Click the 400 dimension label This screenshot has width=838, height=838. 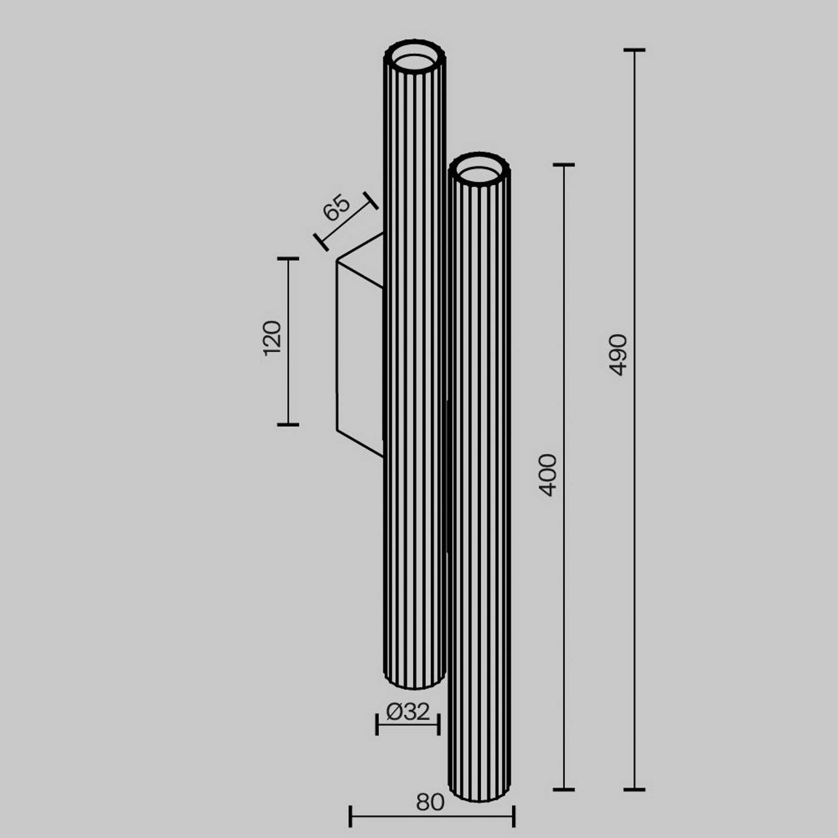[548, 475]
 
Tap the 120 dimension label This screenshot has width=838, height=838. [272, 339]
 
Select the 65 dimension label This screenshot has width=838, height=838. [336, 207]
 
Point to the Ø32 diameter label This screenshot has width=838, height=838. [408, 712]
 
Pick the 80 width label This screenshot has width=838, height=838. [430, 802]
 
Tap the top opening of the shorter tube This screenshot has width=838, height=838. [479, 170]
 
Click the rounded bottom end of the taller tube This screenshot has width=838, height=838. [414, 681]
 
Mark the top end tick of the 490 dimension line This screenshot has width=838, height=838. [634, 50]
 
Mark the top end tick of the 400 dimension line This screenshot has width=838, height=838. [564, 165]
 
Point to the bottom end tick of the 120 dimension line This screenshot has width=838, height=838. [288, 424]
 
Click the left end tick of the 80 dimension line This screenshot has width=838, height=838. [350, 816]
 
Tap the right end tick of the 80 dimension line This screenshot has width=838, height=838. [514, 816]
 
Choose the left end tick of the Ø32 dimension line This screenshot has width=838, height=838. [377, 724]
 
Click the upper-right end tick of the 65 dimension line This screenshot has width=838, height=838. [371, 201]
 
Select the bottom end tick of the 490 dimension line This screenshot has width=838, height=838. [634, 789]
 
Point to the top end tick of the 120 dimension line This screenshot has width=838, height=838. [288, 259]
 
